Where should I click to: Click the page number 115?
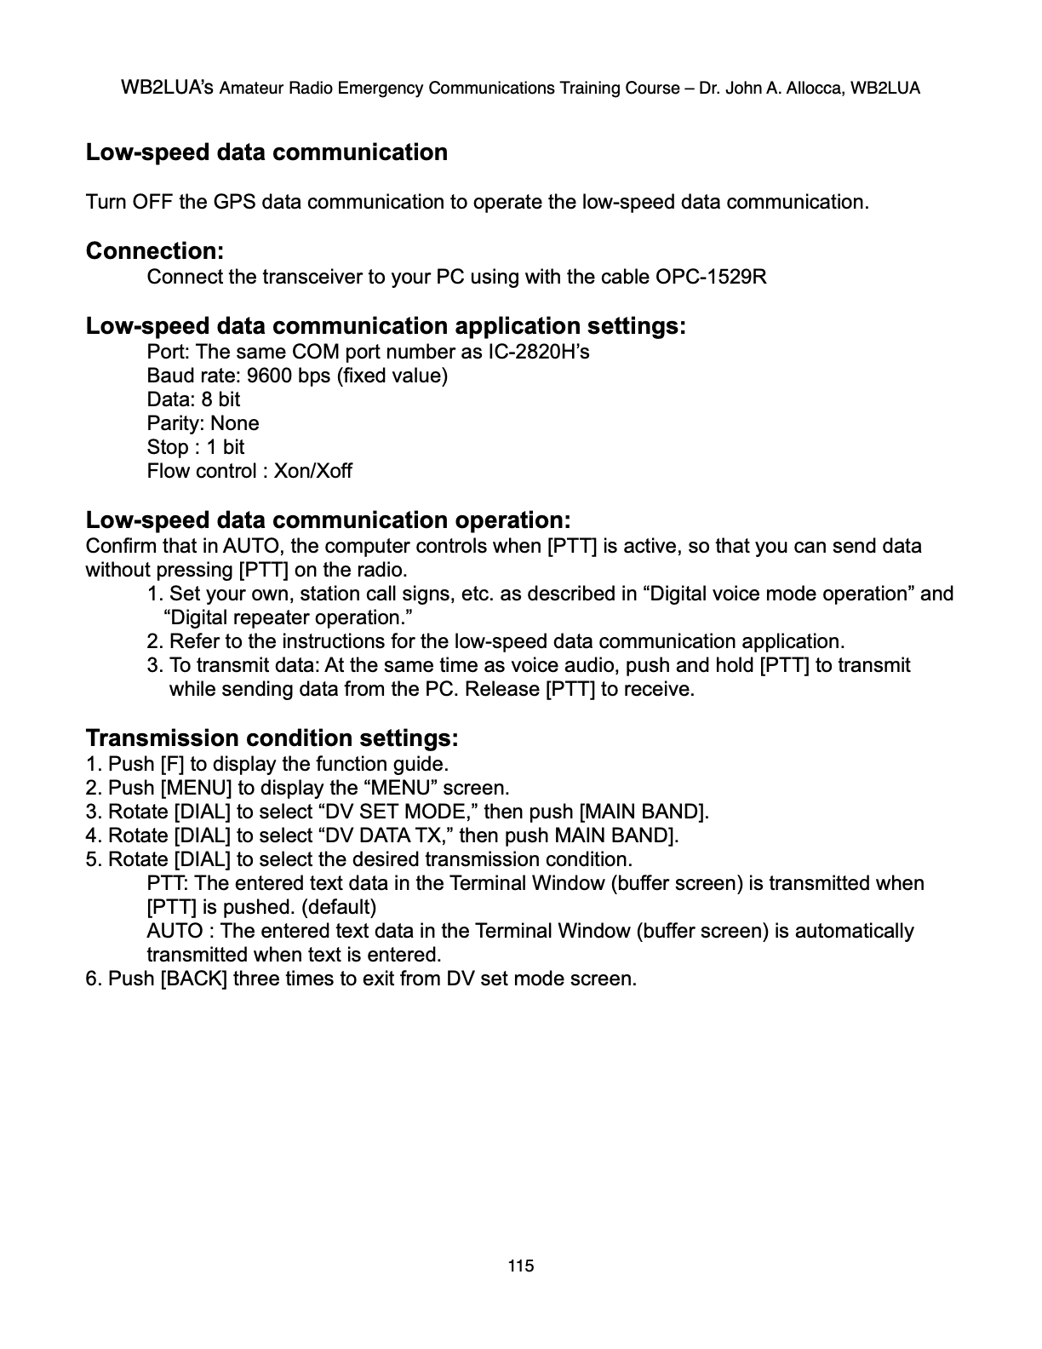(x=520, y=1266)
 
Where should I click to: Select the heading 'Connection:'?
(x=155, y=251)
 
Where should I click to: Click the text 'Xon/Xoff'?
(x=312, y=471)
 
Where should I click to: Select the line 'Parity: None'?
(x=203, y=423)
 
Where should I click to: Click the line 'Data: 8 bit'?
(x=193, y=399)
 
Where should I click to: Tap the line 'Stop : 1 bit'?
(x=195, y=447)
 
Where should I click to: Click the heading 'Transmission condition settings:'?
(x=272, y=737)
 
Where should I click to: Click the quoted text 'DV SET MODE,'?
(x=398, y=812)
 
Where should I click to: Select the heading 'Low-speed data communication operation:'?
(x=328, y=520)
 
